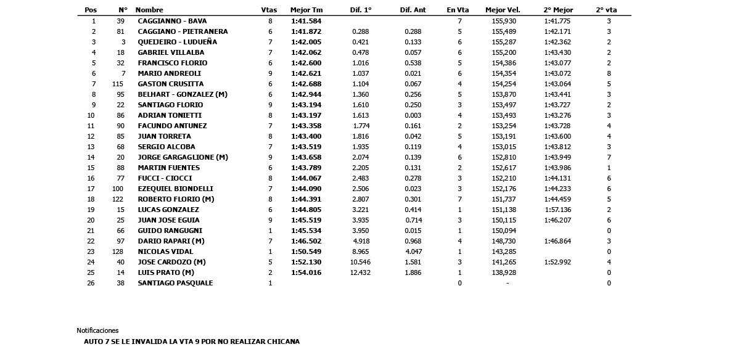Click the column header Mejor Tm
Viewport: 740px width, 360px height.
click(x=306, y=10)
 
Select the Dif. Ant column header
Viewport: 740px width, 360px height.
click(x=413, y=10)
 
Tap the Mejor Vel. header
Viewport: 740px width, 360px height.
click(x=503, y=10)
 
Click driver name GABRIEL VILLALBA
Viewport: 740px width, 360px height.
click(x=171, y=52)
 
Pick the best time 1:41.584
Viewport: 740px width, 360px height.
click(x=306, y=21)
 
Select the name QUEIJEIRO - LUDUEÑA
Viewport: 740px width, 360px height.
click(x=177, y=42)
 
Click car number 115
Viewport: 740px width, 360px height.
click(x=118, y=84)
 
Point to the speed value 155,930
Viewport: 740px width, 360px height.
click(x=504, y=21)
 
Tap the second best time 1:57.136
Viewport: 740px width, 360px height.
click(x=557, y=210)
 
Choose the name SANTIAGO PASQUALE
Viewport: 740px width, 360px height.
click(x=175, y=283)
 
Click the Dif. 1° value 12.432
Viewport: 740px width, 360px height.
click(x=361, y=272)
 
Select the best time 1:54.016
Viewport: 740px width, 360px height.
click(x=306, y=272)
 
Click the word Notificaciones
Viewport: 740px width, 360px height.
click(x=97, y=330)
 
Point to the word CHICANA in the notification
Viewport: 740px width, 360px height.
click(x=284, y=342)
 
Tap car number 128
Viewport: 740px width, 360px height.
click(x=118, y=252)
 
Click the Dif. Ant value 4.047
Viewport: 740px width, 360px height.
click(x=413, y=252)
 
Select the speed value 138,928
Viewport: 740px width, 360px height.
click(x=504, y=272)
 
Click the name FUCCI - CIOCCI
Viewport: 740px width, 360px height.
click(x=165, y=178)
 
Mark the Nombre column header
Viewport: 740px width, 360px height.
click(x=149, y=10)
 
